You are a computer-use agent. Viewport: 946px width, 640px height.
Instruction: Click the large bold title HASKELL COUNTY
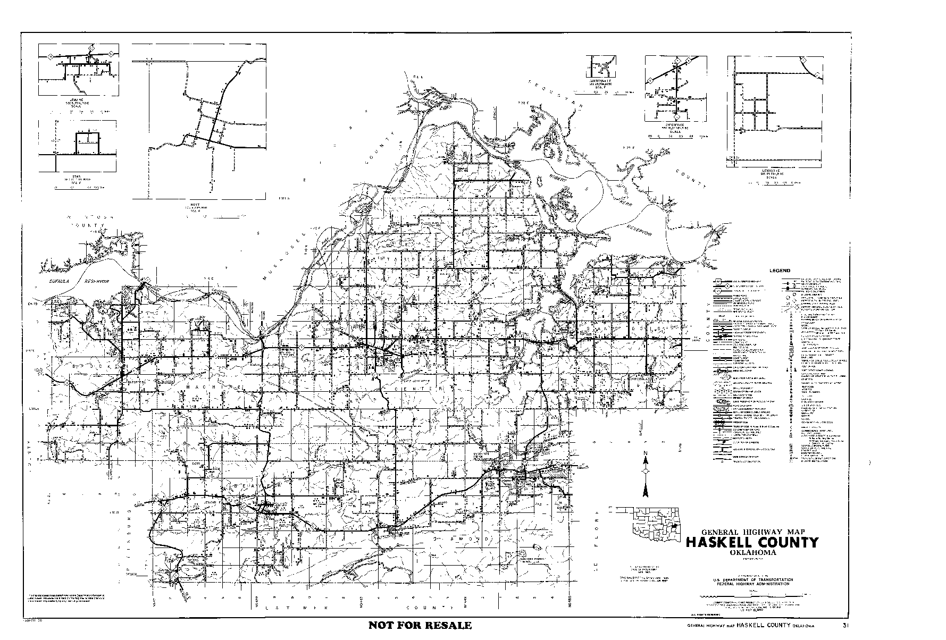click(752, 543)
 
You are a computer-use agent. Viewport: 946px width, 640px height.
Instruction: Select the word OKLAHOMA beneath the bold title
click(752, 552)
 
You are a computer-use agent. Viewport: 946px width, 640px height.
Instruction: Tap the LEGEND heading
click(779, 271)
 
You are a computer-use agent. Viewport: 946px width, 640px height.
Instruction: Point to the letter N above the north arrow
click(645, 453)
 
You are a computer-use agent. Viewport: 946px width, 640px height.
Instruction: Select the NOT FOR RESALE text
click(420, 625)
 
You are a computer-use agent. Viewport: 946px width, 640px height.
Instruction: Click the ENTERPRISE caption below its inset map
click(674, 125)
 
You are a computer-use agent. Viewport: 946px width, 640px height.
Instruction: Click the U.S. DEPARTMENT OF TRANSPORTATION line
click(753, 579)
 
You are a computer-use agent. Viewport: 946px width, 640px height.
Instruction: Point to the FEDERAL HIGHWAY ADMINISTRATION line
click(753, 584)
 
